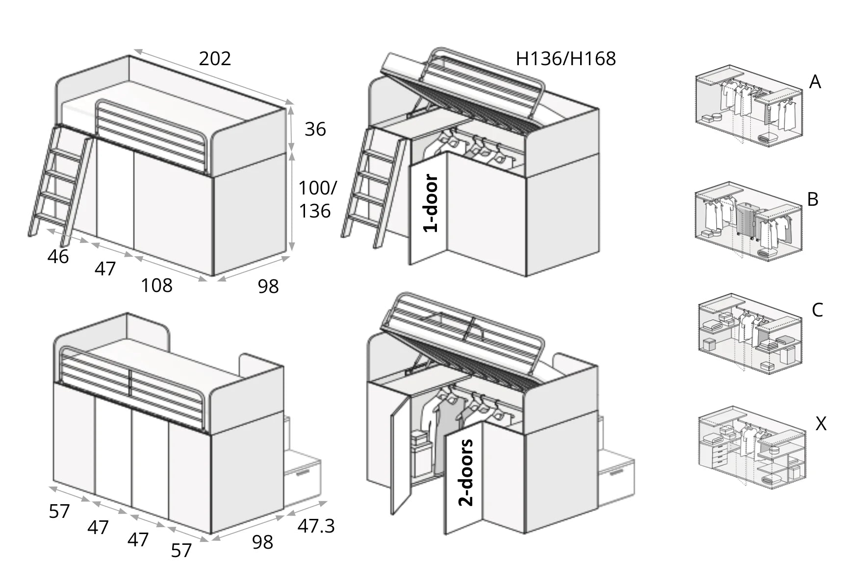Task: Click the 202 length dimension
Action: coord(214,59)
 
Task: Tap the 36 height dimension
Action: coord(315,129)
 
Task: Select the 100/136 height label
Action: coord(317,199)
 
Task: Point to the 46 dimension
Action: coord(58,257)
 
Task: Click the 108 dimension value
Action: coord(156,286)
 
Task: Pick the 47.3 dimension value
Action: coord(316,526)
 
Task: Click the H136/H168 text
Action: coord(565,59)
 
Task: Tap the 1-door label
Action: coord(430,203)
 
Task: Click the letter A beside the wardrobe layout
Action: coord(815,82)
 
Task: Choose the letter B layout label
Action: coord(813,199)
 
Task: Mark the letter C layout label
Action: coord(817,310)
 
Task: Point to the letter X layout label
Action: coord(820,424)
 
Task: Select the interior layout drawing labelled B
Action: coord(748,223)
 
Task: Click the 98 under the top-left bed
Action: coord(268,287)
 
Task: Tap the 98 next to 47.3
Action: coord(262,542)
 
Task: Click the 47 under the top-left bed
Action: coord(105,269)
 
